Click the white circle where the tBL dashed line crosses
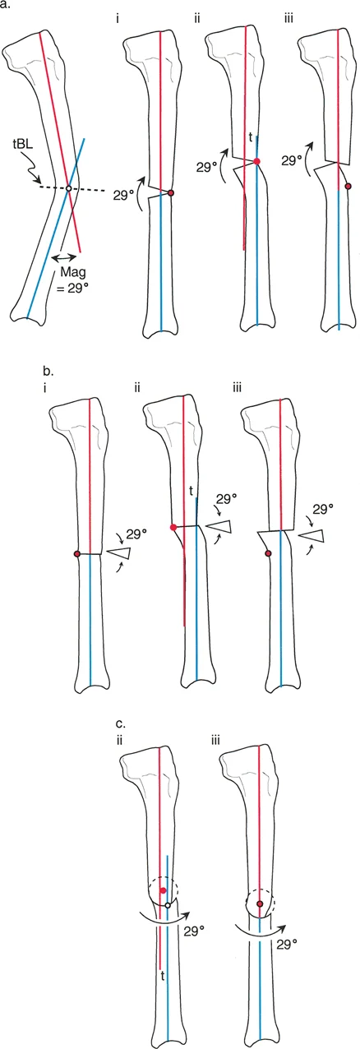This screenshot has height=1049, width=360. point(68,187)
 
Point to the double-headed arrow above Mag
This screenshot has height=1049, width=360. point(63,257)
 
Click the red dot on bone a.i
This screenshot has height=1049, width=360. point(170,193)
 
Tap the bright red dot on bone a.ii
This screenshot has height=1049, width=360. point(256,161)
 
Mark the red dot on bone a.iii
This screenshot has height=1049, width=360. point(348,187)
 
